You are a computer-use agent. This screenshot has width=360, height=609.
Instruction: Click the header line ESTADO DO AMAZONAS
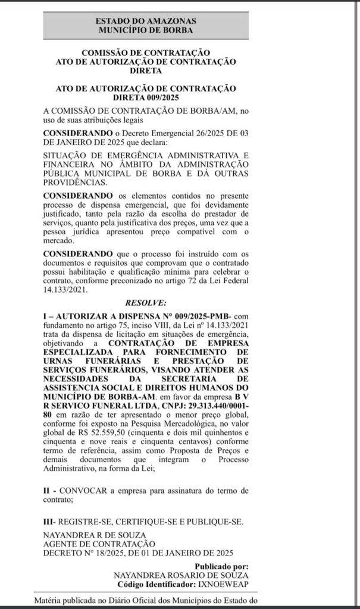(145, 21)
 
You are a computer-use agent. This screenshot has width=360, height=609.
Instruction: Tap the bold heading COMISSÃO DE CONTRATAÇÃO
(145, 52)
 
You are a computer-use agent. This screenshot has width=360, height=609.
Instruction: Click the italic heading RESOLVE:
(145, 303)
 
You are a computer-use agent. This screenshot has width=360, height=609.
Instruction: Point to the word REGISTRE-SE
(85, 521)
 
